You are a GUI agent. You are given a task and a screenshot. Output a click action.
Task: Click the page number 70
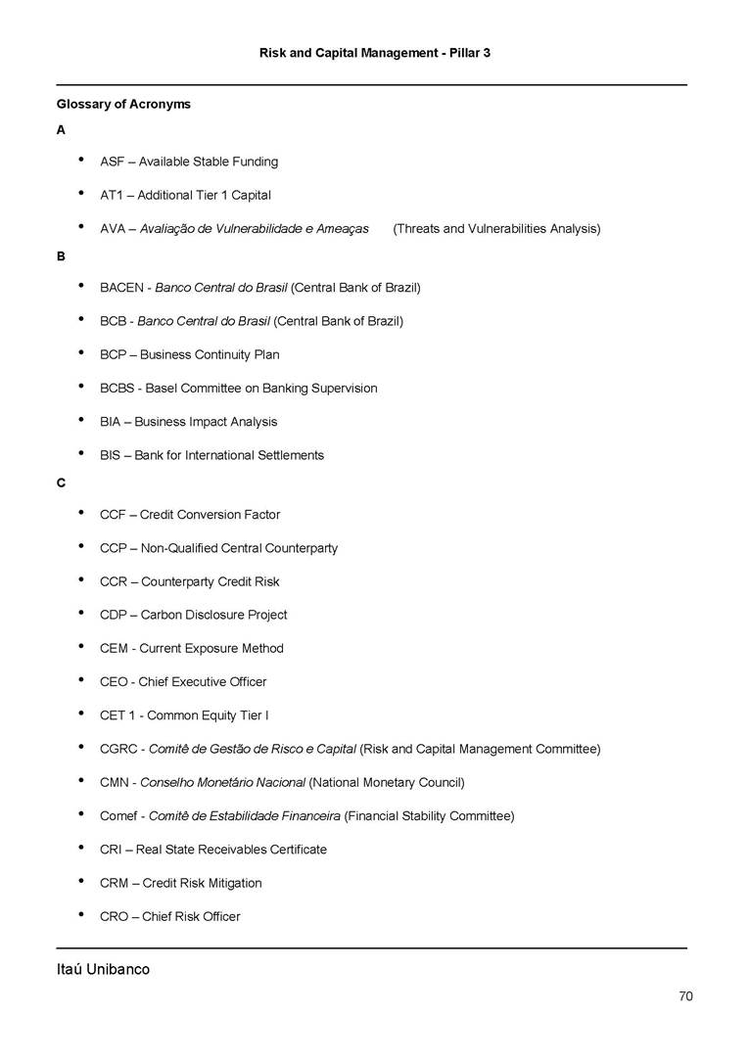point(685,996)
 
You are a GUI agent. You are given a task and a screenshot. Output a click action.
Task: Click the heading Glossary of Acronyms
point(123,104)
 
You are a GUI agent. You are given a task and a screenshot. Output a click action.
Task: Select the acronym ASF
point(112,161)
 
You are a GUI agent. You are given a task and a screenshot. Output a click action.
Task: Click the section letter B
point(61,255)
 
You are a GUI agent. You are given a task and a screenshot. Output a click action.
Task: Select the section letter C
point(61,482)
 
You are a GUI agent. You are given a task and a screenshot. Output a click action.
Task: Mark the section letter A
point(61,129)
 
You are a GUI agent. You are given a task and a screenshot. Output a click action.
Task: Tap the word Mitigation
point(232,883)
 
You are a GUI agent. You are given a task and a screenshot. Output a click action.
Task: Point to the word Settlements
point(289,455)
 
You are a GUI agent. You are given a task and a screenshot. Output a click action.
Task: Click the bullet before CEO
point(79,680)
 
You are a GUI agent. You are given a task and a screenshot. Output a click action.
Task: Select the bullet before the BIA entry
point(79,421)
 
